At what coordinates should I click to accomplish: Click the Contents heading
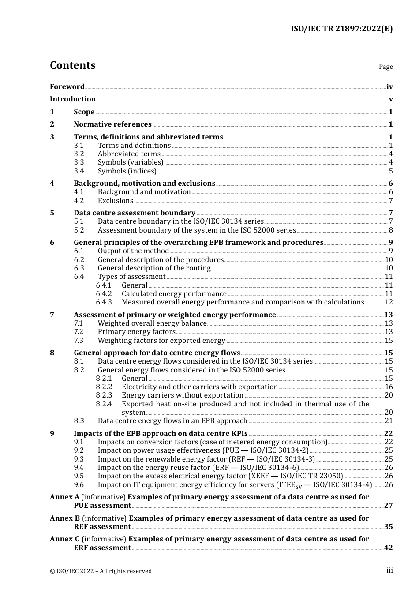[x=72, y=65]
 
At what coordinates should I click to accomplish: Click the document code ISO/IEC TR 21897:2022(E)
[x=341, y=29]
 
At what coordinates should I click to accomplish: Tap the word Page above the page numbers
[x=385, y=67]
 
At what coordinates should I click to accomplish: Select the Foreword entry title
[x=67, y=87]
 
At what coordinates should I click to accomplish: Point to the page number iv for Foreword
[x=389, y=87]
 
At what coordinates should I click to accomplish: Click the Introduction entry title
[x=73, y=99]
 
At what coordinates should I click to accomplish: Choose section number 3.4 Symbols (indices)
[x=79, y=171]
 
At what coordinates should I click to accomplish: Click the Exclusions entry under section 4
[x=115, y=201]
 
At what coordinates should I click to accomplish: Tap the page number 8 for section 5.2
[x=391, y=230]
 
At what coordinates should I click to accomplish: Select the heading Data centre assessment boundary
[x=135, y=213]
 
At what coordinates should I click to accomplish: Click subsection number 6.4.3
[x=104, y=302]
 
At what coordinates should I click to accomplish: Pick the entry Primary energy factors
[x=136, y=332]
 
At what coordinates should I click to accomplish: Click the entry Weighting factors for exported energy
[x=161, y=341]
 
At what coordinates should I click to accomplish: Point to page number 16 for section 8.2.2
[x=389, y=387]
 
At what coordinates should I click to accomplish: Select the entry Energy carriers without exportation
[x=182, y=395]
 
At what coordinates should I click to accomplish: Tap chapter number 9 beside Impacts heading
[x=52, y=434]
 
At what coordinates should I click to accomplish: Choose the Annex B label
[x=65, y=518]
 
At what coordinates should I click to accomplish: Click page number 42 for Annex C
[x=388, y=548]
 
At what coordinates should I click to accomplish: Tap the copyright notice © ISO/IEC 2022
[x=101, y=571]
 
